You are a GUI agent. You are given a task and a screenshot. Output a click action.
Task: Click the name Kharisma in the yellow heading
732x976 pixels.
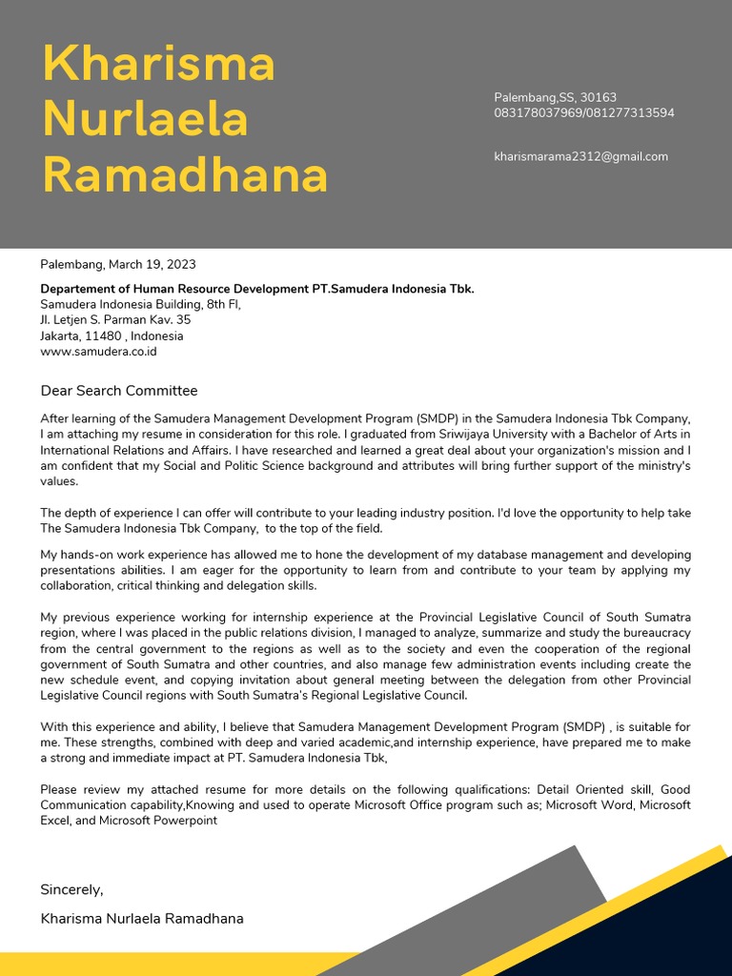(159, 65)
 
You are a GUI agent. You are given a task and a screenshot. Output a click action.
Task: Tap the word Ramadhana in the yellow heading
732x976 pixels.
(185, 175)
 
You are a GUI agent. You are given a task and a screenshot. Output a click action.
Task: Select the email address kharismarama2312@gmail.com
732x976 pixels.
(580, 156)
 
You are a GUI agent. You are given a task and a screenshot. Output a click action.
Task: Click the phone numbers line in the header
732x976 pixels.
(583, 112)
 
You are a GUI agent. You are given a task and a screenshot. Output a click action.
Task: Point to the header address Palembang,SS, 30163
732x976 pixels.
(555, 97)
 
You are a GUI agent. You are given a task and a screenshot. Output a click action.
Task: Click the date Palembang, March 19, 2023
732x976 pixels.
(118, 264)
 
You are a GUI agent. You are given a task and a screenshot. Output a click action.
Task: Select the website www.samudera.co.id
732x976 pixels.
(98, 351)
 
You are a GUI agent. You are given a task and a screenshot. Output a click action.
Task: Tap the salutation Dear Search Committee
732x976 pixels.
(119, 390)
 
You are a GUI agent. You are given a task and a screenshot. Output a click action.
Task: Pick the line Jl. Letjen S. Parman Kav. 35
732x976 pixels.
(115, 319)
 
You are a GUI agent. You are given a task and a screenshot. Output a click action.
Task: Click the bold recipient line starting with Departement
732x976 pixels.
(256, 289)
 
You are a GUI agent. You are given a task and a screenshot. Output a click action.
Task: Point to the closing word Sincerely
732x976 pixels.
(71, 889)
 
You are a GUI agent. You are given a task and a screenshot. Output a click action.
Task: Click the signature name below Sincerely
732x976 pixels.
(142, 919)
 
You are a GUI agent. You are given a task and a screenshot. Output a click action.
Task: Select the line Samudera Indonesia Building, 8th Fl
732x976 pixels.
(140, 304)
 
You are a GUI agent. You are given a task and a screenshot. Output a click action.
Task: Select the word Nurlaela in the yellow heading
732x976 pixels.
(146, 120)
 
